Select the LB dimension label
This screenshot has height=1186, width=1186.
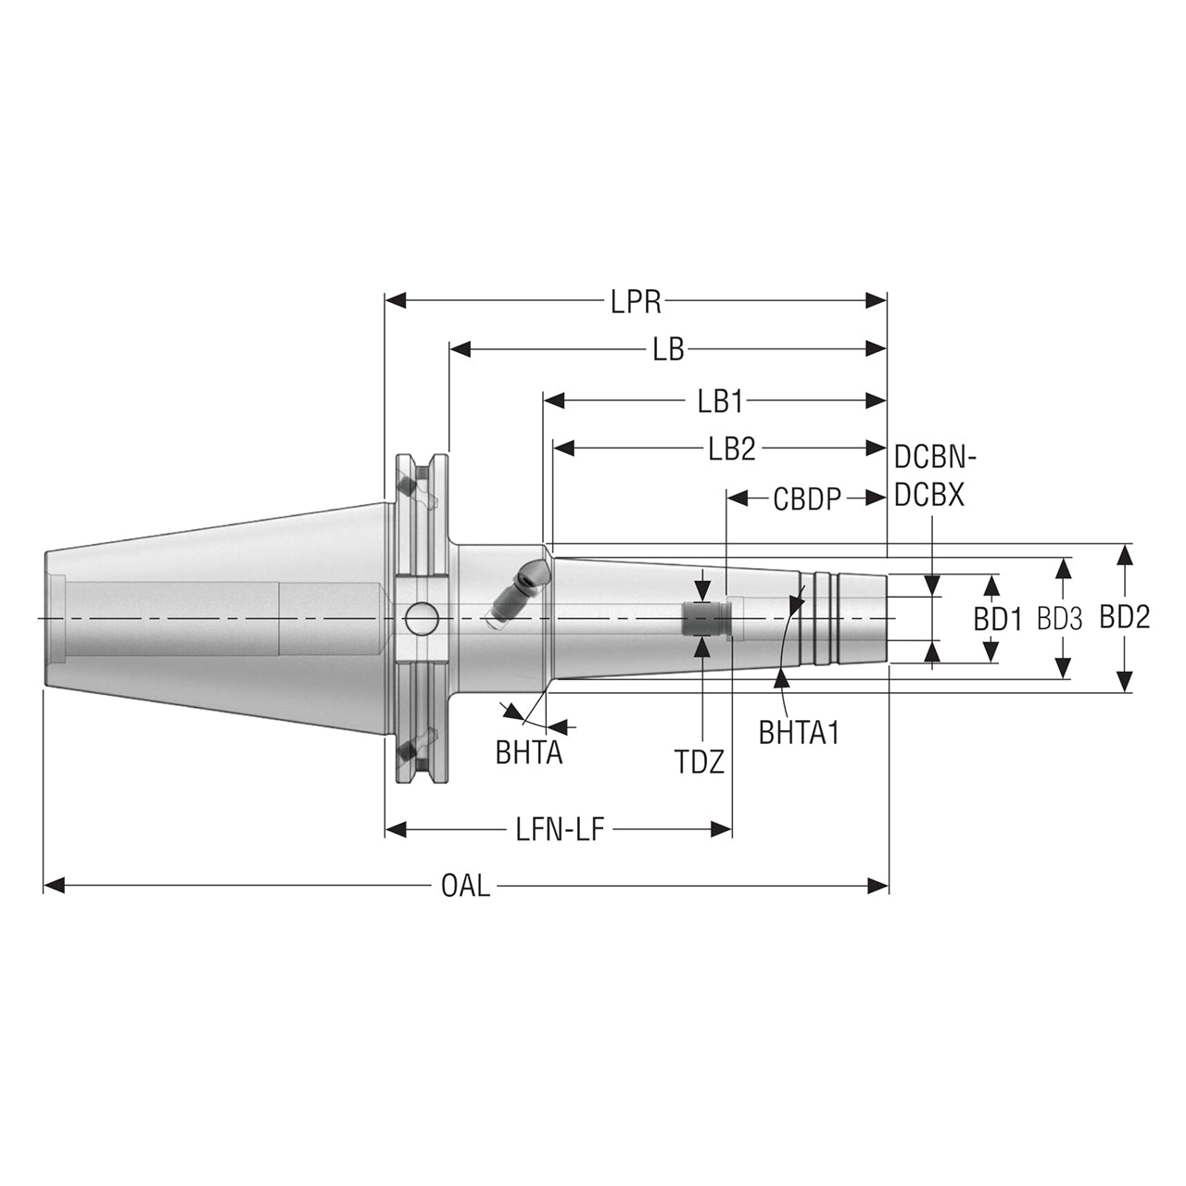[x=668, y=350]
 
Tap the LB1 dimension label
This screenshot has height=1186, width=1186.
[x=721, y=402]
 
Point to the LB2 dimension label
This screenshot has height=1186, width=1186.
[x=732, y=450]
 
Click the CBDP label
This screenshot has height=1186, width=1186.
[x=807, y=500]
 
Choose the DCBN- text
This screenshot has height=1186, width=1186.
[x=936, y=458]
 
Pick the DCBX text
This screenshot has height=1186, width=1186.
[x=929, y=495]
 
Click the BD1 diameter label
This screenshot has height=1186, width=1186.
[x=998, y=621]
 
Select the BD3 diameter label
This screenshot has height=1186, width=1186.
[x=1059, y=620]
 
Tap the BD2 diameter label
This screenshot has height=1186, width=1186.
[x=1125, y=618]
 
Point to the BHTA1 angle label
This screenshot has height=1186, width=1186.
[x=799, y=733]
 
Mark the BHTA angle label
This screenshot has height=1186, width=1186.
[x=529, y=754]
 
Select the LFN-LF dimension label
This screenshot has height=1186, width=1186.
[x=561, y=830]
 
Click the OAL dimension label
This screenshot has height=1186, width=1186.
[x=466, y=887]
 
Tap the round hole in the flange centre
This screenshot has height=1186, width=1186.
[x=422, y=619]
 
